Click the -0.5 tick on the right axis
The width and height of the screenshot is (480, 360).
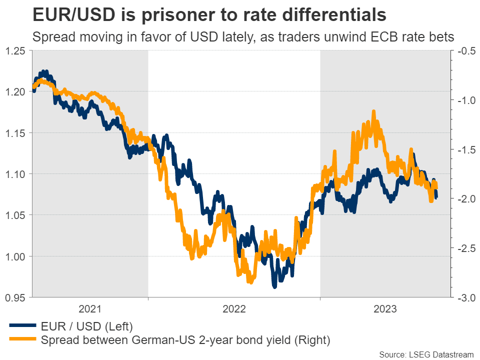click(x=464, y=50)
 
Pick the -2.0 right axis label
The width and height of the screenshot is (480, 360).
click(x=464, y=199)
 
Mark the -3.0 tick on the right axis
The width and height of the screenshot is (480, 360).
click(x=464, y=297)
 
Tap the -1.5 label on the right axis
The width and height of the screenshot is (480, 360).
click(x=464, y=149)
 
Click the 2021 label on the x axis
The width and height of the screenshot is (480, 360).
click(x=90, y=309)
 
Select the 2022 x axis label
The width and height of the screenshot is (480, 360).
click(x=234, y=309)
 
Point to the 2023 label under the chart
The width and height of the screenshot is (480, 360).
click(x=386, y=309)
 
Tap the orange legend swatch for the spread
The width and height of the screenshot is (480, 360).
click(x=23, y=340)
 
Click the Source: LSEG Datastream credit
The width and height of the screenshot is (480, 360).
click(x=426, y=354)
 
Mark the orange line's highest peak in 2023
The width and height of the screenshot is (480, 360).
click(x=373, y=111)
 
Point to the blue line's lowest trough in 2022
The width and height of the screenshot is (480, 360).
click(x=274, y=287)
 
